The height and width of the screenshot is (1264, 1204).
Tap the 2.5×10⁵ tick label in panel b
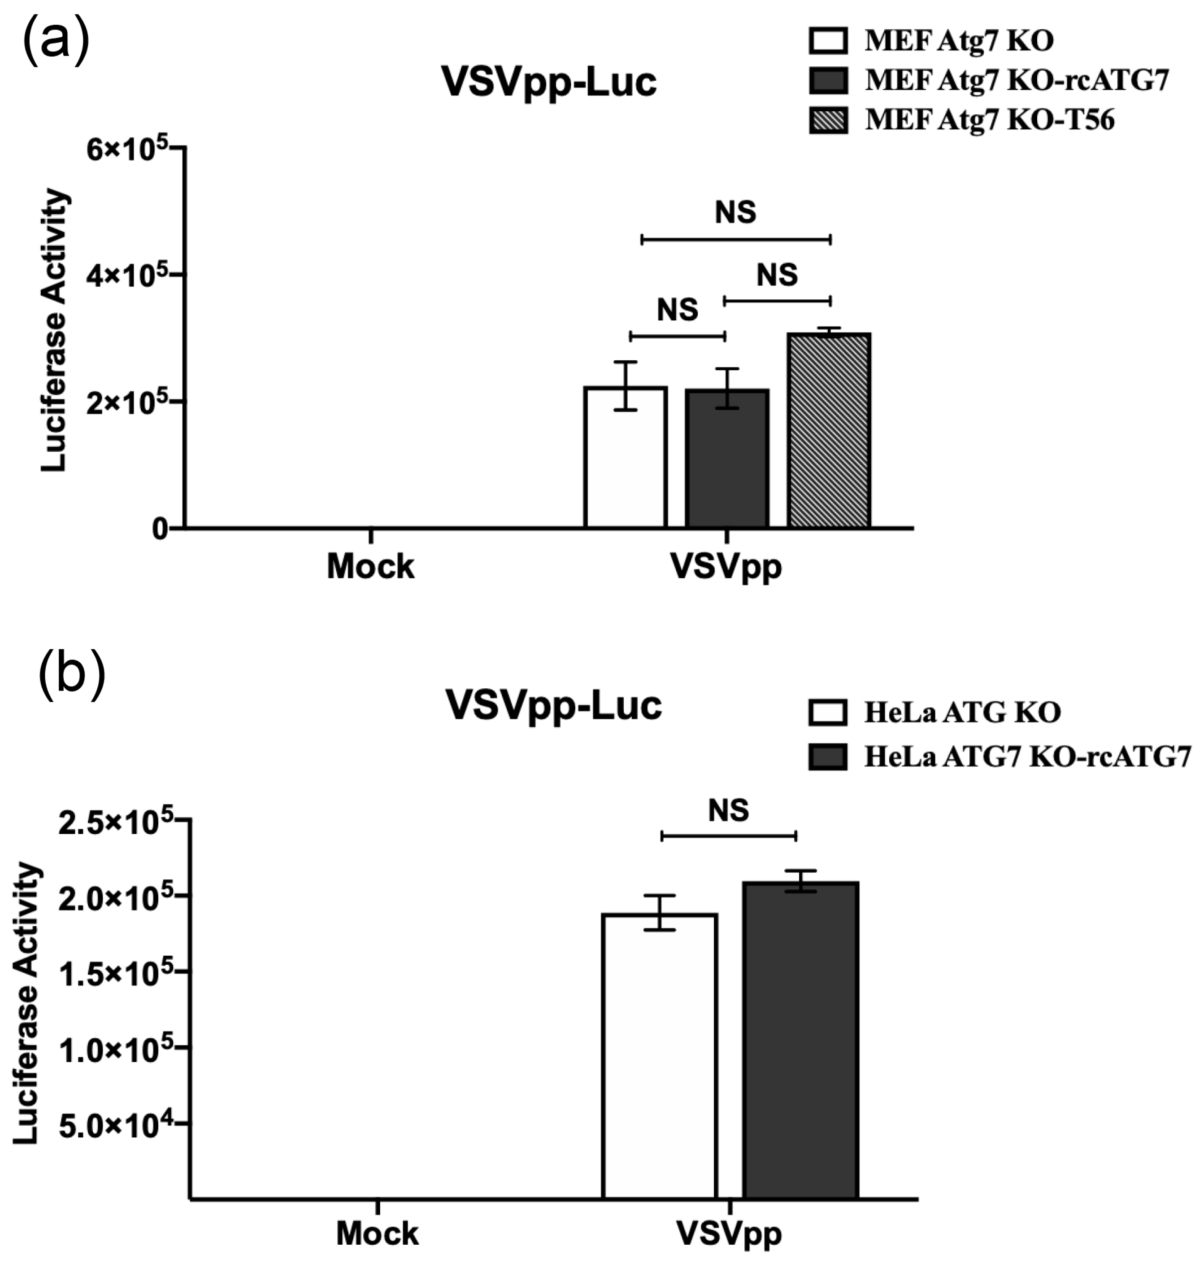click(116, 822)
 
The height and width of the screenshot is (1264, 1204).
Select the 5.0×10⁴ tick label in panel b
click(116, 1124)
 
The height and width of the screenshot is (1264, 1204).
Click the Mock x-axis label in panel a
click(370, 566)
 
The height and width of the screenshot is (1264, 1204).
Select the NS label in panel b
click(728, 810)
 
